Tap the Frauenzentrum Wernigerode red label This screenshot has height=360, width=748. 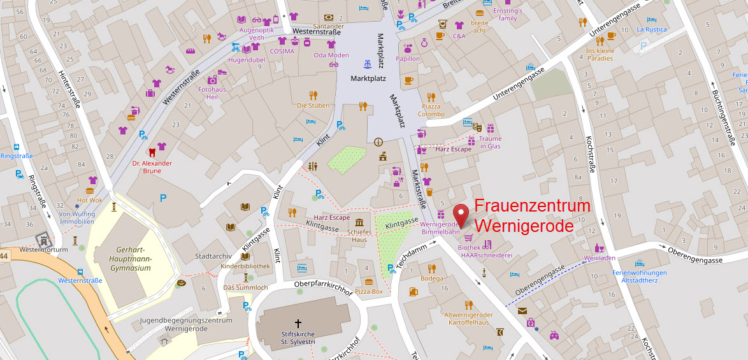533,216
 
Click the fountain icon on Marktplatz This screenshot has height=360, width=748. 368,64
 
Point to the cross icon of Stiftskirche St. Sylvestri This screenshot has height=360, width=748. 298,324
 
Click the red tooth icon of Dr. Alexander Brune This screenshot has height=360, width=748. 151,152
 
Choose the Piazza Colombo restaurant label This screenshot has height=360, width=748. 431,110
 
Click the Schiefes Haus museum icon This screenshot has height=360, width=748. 360,222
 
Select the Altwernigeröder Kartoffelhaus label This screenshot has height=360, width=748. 468,319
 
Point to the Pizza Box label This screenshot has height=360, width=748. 369,291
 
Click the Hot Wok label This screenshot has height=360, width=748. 89,200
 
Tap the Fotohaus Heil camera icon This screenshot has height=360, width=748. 212,80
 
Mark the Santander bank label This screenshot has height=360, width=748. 328,27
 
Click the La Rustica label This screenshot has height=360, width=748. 652,29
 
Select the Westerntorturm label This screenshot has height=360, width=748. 43,249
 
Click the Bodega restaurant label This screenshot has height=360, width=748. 431,278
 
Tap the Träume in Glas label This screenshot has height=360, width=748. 491,142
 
